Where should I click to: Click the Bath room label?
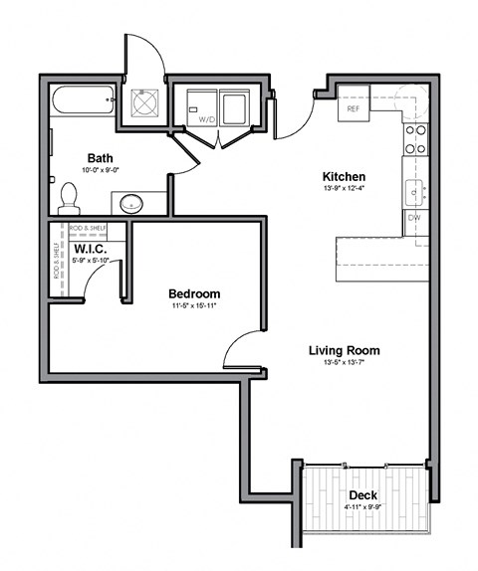100,157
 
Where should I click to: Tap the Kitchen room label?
343,176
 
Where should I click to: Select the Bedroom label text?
193,294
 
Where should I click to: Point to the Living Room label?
344,350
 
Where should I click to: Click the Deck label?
362,495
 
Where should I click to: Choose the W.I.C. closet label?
90,249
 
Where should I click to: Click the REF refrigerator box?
353,107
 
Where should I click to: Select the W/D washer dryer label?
207,117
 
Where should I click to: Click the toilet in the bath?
70,198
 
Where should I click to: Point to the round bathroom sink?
131,204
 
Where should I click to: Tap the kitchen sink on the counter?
414,188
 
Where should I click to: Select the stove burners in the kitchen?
415,138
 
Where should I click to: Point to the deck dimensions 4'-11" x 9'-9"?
362,509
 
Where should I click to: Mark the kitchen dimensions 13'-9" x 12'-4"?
343,189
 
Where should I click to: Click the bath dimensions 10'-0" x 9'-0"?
100,170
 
